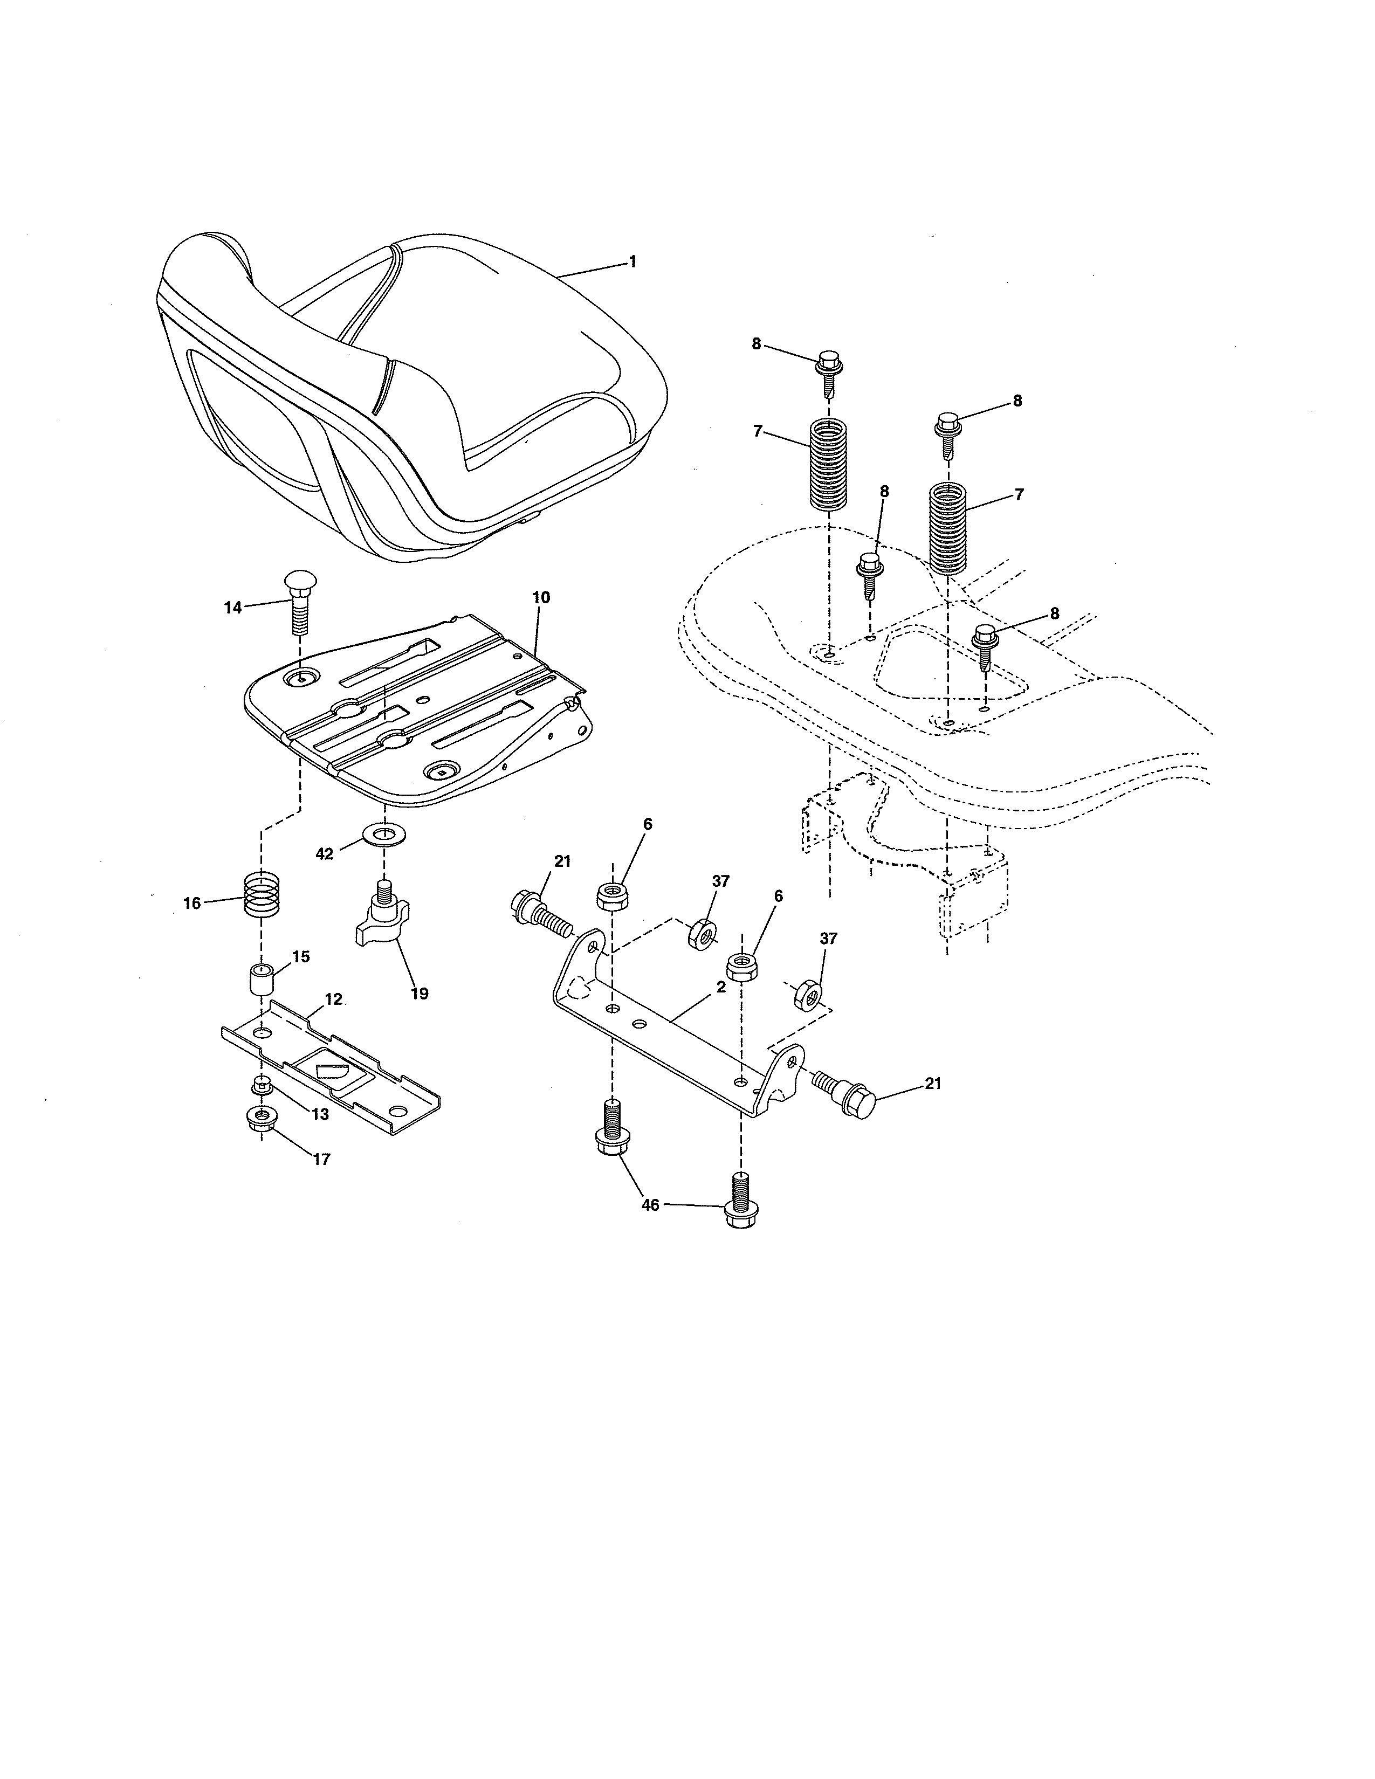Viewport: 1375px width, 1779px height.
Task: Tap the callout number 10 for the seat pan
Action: point(541,597)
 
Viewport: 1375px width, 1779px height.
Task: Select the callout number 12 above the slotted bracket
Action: point(334,998)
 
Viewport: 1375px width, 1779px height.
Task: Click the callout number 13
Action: point(321,1114)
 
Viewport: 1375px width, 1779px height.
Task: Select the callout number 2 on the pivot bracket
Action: point(721,987)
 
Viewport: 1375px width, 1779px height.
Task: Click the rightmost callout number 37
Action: point(828,939)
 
